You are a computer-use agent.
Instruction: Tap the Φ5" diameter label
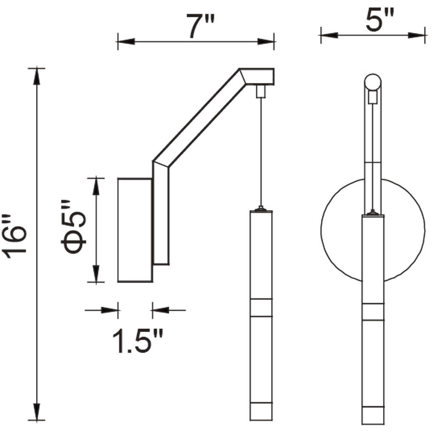tap(74, 227)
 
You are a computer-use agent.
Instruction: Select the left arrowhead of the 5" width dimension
tap(329, 35)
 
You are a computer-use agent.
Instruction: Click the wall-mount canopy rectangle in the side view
tap(135, 230)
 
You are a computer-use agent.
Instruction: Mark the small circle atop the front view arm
tap(373, 82)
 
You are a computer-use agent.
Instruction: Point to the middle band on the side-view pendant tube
tap(261, 307)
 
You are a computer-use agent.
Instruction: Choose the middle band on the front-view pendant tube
tap(373, 311)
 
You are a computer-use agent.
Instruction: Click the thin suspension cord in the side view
tap(261, 153)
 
